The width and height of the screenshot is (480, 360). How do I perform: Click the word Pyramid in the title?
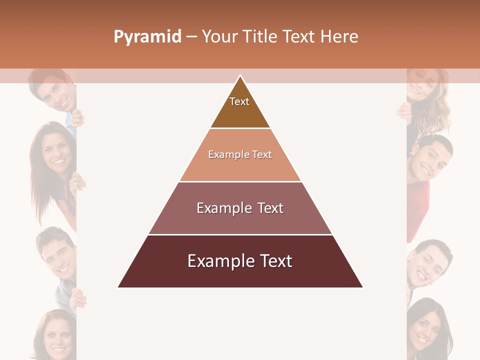click(x=147, y=36)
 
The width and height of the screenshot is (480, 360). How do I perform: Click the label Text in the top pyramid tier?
click(x=239, y=101)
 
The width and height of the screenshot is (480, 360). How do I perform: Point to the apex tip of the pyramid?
click(x=240, y=75)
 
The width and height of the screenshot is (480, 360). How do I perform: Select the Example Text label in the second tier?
click(x=240, y=154)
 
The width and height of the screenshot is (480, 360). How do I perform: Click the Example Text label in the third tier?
click(x=240, y=208)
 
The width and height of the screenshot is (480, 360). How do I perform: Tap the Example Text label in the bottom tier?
click(x=240, y=261)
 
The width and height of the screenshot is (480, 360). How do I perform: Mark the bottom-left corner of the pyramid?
click(x=118, y=287)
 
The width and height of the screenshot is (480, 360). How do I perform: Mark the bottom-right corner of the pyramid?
click(x=363, y=287)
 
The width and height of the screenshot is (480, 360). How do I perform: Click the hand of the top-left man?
click(x=77, y=118)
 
